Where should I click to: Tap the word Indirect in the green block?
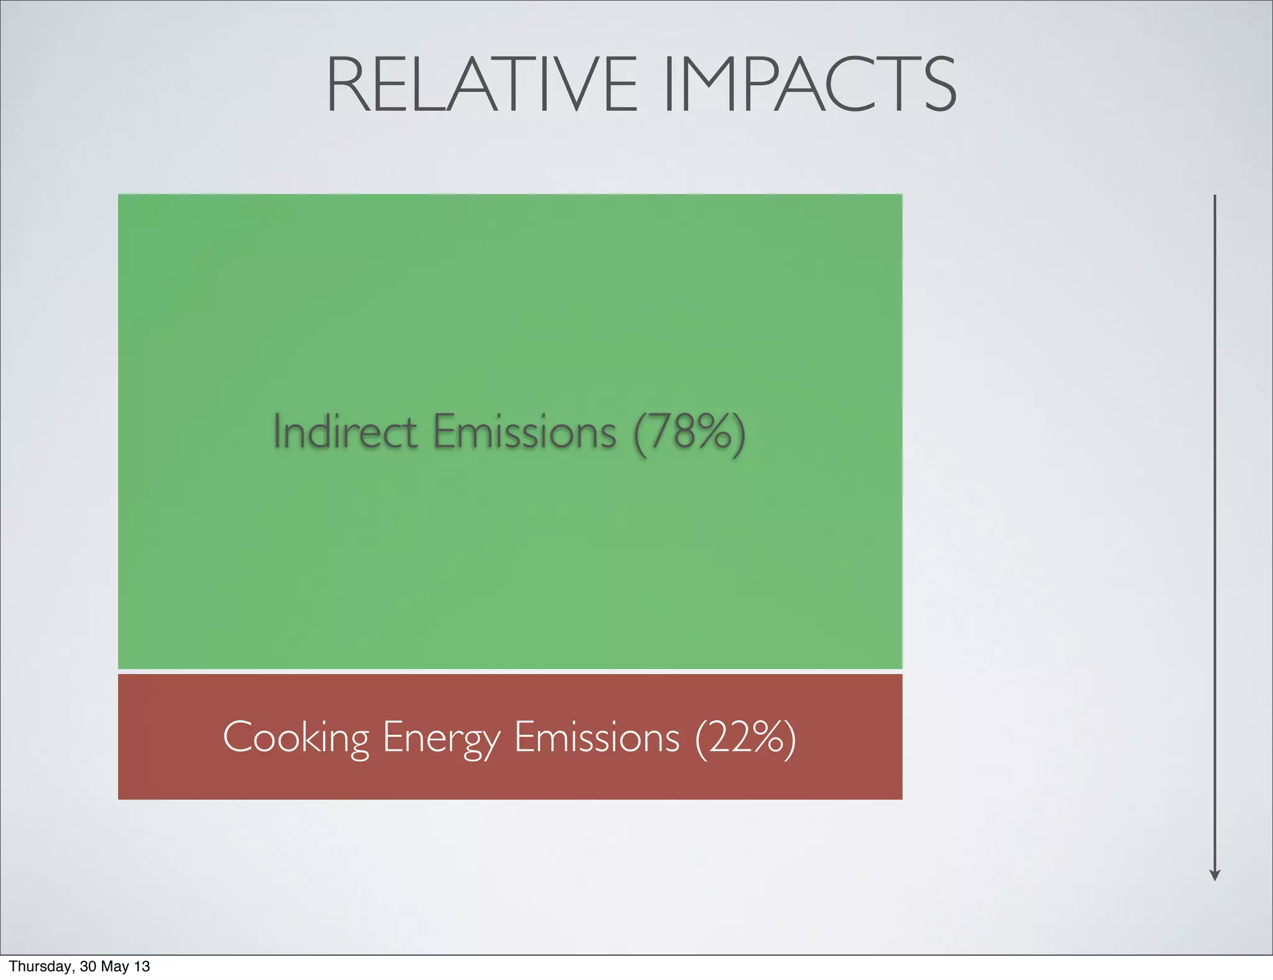pyautogui.click(x=344, y=431)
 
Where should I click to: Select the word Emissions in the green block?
pyautogui.click(x=524, y=431)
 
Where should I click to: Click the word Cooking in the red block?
pyautogui.click(x=295, y=737)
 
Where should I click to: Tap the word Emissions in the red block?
pyautogui.click(x=597, y=737)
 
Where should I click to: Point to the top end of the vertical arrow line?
pyautogui.click(x=1215, y=196)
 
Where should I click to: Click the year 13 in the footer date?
pyautogui.click(x=142, y=966)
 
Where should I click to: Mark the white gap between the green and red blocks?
pyautogui.click(x=510, y=672)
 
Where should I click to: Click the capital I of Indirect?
pyautogui.click(x=277, y=431)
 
